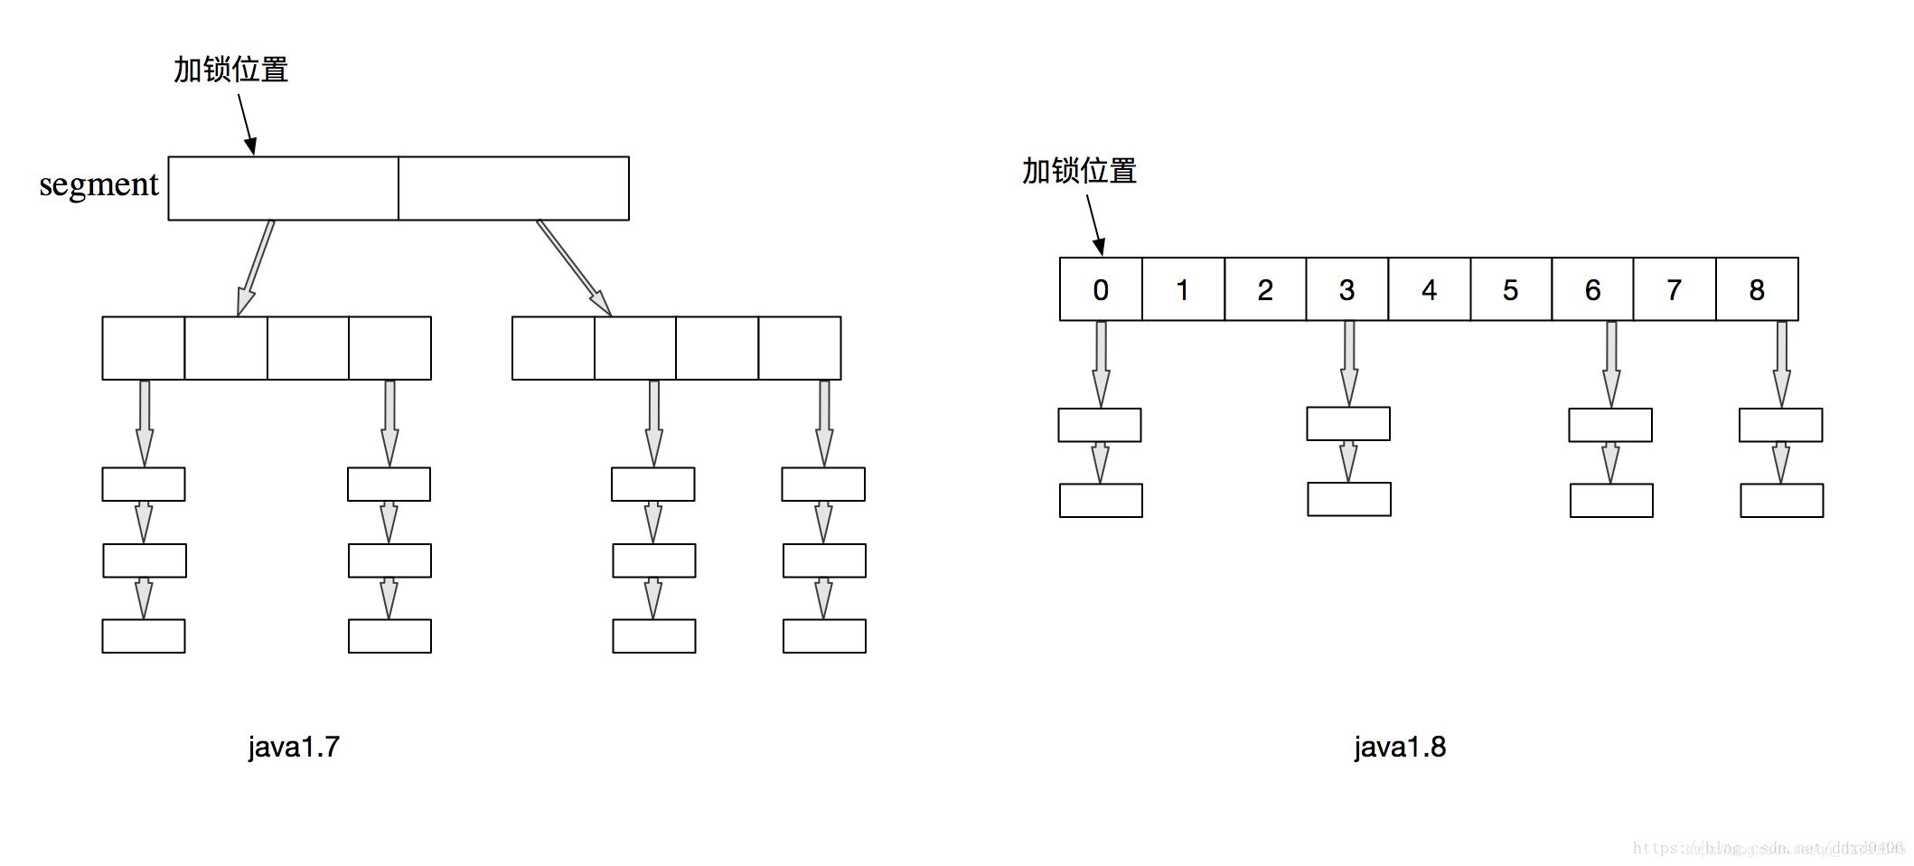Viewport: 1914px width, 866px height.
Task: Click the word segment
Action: (99, 184)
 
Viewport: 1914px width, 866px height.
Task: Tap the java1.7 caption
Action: (294, 747)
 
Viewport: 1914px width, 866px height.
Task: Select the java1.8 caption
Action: (1400, 747)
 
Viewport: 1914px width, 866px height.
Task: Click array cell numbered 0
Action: (1101, 289)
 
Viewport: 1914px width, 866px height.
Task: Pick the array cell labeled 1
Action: (1183, 289)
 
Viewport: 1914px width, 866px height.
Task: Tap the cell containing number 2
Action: (1265, 289)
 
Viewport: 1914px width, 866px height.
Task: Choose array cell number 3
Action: (1346, 289)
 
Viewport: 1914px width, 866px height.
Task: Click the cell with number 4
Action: (1429, 289)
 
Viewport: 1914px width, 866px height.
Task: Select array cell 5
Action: (1511, 289)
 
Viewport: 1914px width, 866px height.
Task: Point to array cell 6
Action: (1592, 289)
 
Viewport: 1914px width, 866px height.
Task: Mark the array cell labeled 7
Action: (1675, 289)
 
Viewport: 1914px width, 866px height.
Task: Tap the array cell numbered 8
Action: (1757, 289)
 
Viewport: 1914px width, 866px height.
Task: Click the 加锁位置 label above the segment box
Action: (230, 70)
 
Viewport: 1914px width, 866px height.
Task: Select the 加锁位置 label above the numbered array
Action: (1079, 171)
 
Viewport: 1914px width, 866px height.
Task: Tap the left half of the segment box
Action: (283, 188)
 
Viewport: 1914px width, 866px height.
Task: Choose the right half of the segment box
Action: (513, 188)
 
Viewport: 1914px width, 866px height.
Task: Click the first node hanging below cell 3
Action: (1348, 424)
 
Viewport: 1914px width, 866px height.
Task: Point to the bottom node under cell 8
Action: (1781, 501)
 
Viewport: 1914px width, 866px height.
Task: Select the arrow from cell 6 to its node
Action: (1611, 363)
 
